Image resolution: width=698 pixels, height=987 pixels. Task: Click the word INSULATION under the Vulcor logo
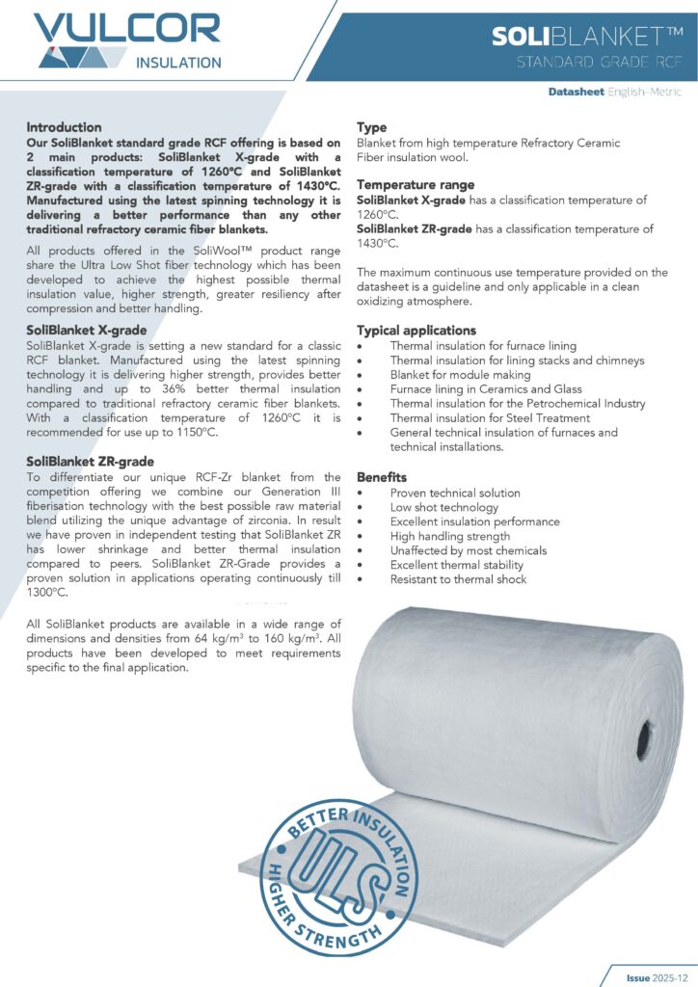pos(178,64)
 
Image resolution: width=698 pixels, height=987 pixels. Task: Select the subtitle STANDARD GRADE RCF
pos(600,64)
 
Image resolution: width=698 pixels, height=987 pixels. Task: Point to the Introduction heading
pos(64,127)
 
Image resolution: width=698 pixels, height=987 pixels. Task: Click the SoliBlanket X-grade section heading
pos(86,330)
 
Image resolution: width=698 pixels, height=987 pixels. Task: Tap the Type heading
pos(371,127)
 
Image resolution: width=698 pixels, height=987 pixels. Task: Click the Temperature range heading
pos(416,184)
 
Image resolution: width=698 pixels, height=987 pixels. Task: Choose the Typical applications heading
pos(416,331)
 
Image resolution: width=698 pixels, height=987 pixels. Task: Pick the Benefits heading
pos(382,477)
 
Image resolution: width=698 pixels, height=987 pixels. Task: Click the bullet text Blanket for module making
pos(460,374)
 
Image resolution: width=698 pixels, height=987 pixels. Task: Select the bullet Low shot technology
pos(443,507)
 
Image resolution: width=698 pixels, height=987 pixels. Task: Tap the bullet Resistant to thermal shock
pos(458,579)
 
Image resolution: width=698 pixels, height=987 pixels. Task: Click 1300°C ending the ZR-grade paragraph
pos(48,594)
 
